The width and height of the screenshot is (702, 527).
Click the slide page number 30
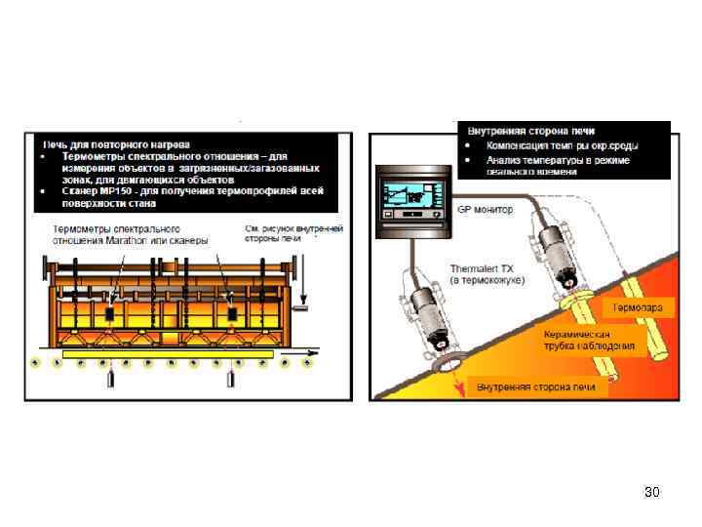(652, 492)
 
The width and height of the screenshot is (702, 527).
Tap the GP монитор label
(485, 209)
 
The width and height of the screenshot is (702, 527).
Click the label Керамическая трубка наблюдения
(589, 339)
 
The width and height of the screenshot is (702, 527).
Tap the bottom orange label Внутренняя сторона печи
(535, 387)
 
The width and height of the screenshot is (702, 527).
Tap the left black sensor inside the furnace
(113, 313)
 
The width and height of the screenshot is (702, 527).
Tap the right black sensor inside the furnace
(233, 313)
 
